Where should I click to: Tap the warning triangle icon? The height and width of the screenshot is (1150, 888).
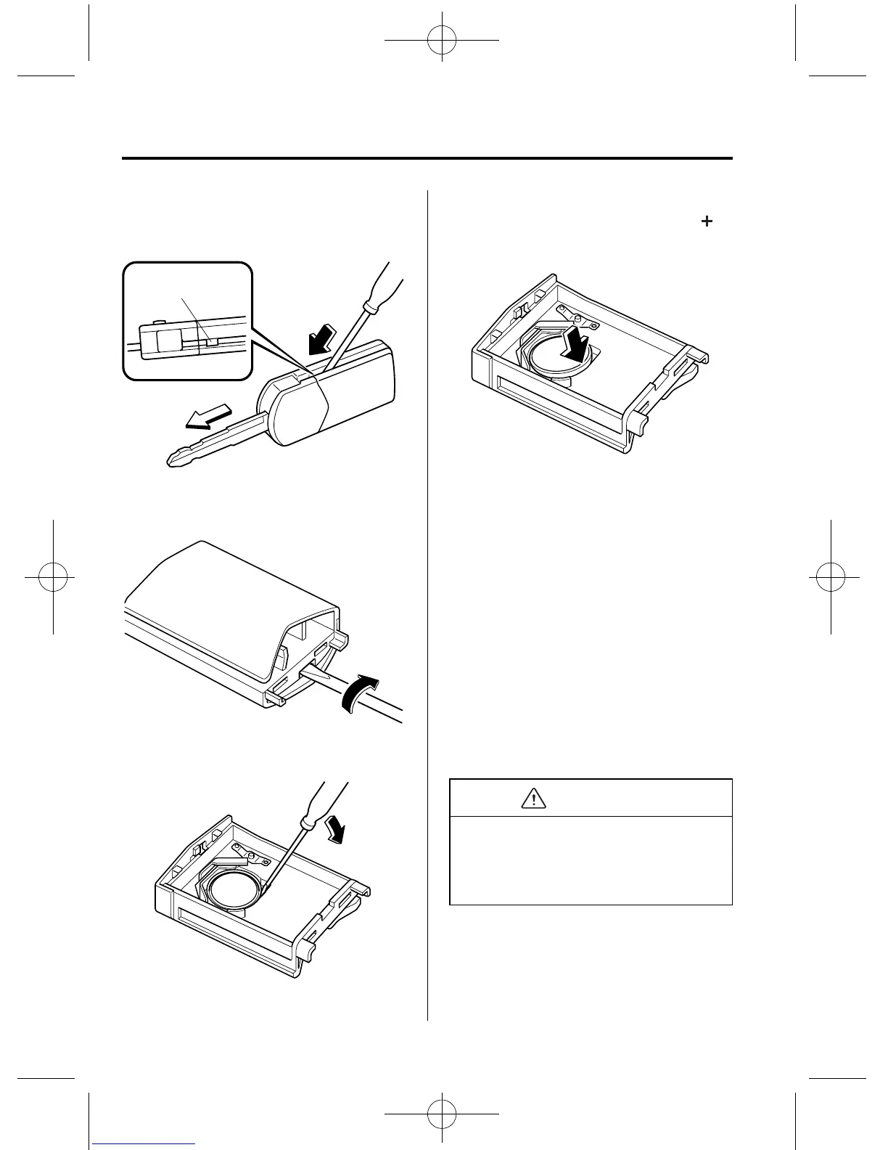tap(534, 799)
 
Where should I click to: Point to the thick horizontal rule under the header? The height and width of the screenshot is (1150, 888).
tap(427, 158)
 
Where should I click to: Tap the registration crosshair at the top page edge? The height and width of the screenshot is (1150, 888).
tap(442, 41)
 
